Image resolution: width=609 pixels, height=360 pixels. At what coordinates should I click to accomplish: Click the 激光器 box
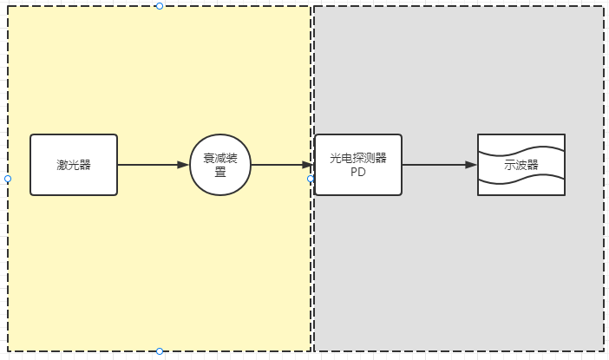[74, 165]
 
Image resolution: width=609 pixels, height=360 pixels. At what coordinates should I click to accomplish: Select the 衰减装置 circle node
[220, 165]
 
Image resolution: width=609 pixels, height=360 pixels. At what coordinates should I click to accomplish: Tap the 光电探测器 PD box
[358, 165]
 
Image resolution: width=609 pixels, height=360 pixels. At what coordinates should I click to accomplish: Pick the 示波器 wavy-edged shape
[521, 165]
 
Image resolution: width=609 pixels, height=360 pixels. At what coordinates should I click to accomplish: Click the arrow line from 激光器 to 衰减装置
[152, 165]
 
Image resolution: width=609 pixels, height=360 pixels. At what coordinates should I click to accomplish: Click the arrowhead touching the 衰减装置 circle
[184, 165]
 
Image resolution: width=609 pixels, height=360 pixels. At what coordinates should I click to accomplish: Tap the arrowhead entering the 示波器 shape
[472, 165]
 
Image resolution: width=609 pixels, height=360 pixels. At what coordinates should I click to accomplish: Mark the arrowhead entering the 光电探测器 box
[308, 165]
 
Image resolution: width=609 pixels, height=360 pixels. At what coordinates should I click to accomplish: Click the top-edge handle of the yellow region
[160, 6]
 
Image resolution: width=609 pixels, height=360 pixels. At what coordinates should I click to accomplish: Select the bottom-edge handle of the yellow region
[160, 351]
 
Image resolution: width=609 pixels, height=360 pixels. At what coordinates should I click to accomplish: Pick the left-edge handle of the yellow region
[8, 179]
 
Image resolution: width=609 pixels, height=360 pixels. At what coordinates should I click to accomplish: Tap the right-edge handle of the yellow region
[311, 179]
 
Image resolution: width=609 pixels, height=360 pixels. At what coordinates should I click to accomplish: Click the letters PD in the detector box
[358, 172]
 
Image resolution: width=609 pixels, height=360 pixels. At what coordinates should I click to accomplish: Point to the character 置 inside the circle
[220, 172]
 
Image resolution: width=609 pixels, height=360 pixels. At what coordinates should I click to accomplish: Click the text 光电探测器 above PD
[358, 158]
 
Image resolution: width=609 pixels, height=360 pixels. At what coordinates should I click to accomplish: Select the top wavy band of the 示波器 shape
[521, 143]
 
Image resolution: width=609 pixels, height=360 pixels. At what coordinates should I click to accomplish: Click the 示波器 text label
[521, 165]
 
